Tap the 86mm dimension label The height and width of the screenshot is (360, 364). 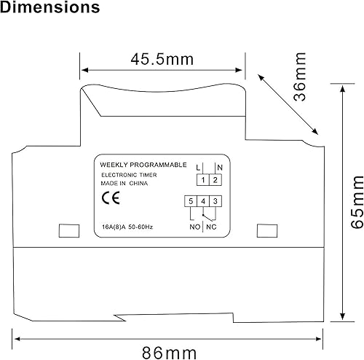click(169, 353)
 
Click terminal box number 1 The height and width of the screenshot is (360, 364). click(203, 179)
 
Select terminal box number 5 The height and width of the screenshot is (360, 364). click(191, 200)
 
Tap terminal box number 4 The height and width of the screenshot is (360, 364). click(203, 200)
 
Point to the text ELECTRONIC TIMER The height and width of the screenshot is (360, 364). click(127, 176)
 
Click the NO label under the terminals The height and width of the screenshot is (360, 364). click(194, 227)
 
